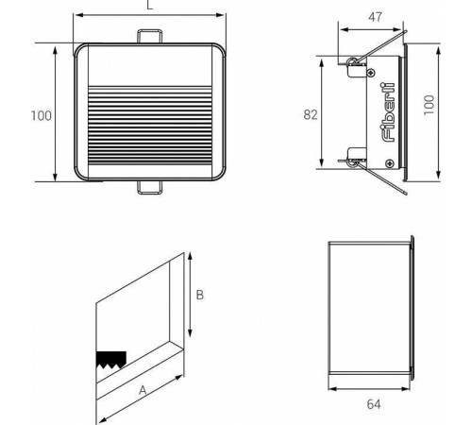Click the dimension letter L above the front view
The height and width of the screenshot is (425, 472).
[150, 5]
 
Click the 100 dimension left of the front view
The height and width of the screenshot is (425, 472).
[42, 116]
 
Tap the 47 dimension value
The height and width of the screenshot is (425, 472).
[375, 17]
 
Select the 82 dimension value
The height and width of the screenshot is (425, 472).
[311, 115]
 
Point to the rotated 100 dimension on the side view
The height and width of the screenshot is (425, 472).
[429, 105]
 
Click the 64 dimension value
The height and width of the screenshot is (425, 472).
[374, 404]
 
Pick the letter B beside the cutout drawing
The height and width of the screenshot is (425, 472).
[200, 295]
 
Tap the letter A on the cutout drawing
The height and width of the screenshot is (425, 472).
[143, 390]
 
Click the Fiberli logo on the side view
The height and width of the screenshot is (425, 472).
[388, 112]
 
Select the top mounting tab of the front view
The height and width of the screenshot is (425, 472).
[150, 36]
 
